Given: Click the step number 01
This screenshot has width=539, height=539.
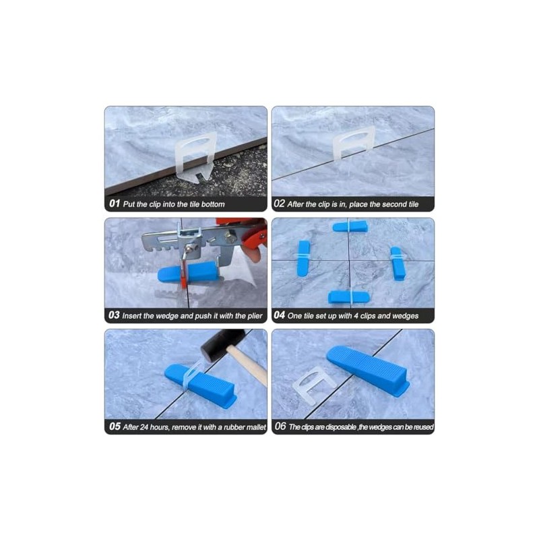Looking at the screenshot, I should pyautogui.click(x=113, y=203).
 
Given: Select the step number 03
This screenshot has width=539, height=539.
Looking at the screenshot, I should pyautogui.click(x=113, y=315).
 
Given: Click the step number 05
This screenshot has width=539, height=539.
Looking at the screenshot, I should pyautogui.click(x=113, y=426).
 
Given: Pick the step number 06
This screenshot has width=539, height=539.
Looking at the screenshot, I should pyautogui.click(x=280, y=426).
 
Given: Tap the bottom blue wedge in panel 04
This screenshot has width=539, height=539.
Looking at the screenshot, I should pyautogui.click(x=349, y=296).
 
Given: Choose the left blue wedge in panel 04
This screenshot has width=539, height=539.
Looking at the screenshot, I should pyautogui.click(x=304, y=258).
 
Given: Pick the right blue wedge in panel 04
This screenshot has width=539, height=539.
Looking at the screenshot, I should pyautogui.click(x=398, y=263).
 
